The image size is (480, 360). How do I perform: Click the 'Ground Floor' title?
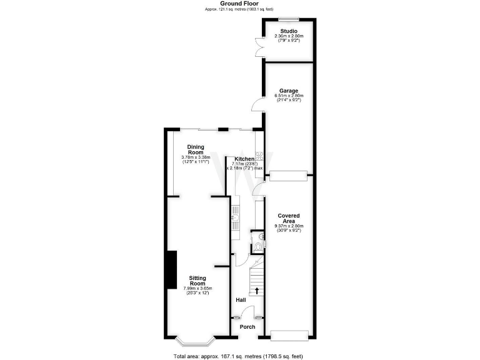point(239,4)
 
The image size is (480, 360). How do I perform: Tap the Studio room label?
point(289,31)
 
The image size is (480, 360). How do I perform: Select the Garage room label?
point(289,91)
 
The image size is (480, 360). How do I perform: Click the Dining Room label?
point(196,149)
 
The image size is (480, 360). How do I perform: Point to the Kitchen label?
point(244,159)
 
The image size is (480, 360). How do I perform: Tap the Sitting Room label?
point(197,281)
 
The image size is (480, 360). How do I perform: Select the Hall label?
point(241,301)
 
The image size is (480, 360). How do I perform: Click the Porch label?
point(240,326)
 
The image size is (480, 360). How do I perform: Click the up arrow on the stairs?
point(257,291)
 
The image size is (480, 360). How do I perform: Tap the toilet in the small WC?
point(259,247)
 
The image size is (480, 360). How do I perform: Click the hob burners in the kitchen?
point(267,160)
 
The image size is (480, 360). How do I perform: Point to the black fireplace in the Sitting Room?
point(171,269)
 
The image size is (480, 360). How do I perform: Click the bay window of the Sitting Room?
point(195,342)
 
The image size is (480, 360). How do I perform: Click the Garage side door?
point(256,104)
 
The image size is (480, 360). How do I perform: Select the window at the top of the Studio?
point(288,18)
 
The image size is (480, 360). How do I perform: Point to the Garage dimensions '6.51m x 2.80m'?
point(289,96)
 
